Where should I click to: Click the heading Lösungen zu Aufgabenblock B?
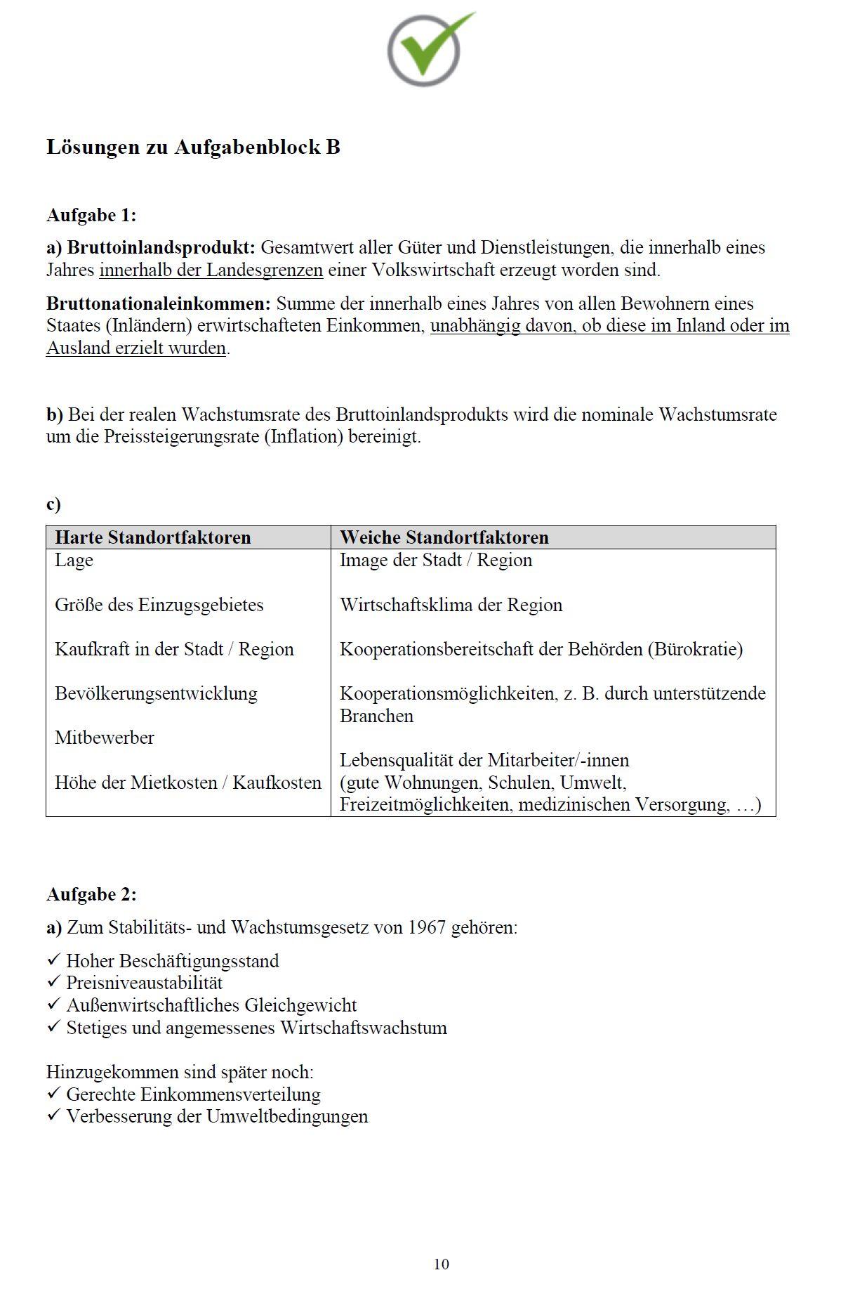click(x=193, y=147)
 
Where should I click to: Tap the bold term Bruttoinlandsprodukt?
click(x=161, y=247)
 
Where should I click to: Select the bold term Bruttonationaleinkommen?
click(x=159, y=303)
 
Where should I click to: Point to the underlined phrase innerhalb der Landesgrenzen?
click(x=211, y=270)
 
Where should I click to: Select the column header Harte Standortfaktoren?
click(x=152, y=537)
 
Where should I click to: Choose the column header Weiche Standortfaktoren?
click(x=444, y=537)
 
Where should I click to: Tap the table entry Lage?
click(x=74, y=561)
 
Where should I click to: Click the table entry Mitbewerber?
click(x=105, y=738)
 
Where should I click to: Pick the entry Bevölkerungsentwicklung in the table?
click(x=156, y=693)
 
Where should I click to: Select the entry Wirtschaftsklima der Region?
click(x=451, y=605)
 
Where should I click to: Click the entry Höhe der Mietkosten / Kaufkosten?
click(x=187, y=783)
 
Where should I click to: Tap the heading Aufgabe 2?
click(x=91, y=894)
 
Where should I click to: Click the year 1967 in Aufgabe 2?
click(x=427, y=927)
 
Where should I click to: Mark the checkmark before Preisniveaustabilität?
click(x=54, y=982)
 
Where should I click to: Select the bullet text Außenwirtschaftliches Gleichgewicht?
click(x=211, y=1005)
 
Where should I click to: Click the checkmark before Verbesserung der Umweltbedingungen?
click(x=54, y=1115)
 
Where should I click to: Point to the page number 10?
click(x=441, y=1264)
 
